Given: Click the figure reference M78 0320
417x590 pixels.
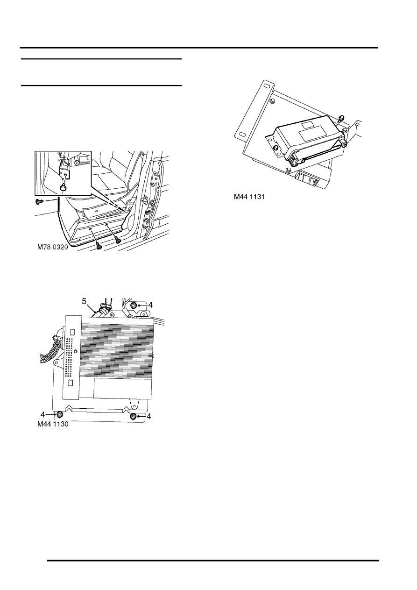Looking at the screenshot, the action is [x=53, y=247].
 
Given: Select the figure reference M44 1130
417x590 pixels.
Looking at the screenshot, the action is [x=53, y=424].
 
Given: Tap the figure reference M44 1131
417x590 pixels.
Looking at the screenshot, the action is [x=249, y=197].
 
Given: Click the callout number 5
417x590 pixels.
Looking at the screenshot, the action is [x=84, y=301].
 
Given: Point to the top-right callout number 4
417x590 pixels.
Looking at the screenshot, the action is [x=150, y=305].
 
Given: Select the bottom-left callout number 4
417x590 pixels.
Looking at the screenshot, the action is [x=42, y=415].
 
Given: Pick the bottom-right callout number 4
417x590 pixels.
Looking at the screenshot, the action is [x=149, y=416].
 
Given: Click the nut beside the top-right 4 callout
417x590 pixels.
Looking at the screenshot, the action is [x=133, y=306].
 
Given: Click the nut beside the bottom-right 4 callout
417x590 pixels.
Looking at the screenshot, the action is [x=133, y=416].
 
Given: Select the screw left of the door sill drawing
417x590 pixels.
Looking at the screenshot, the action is [x=38, y=202].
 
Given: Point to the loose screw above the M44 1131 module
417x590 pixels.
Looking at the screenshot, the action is [x=341, y=118].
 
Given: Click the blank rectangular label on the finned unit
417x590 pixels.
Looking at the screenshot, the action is [x=122, y=388].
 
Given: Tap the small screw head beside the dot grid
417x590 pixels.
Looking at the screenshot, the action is [x=76, y=351].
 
